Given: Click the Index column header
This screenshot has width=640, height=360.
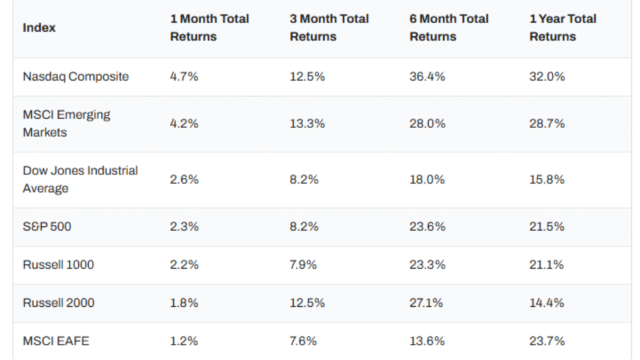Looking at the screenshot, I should (39, 27).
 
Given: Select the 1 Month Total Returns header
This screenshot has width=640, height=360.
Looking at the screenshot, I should (209, 27).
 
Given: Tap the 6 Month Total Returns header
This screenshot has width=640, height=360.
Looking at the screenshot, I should (449, 27).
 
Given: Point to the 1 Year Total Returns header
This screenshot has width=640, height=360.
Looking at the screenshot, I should (562, 27).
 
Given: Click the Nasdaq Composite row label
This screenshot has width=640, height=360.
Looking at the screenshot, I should (76, 76).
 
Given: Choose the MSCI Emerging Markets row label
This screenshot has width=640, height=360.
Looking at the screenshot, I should (66, 123).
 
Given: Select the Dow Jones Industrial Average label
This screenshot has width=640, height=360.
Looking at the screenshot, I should (80, 179).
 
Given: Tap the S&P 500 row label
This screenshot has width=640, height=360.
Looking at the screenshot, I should (47, 226).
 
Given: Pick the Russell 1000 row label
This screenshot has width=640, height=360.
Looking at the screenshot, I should (58, 264).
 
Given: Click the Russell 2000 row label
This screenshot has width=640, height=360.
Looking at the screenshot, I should (58, 302).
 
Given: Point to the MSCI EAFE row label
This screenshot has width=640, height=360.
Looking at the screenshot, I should (56, 341).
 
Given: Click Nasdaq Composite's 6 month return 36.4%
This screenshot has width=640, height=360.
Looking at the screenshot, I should (427, 76).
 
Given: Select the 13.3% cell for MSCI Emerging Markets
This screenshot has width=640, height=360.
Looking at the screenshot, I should (307, 123).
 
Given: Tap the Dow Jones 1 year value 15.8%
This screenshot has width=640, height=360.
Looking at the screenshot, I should (547, 179).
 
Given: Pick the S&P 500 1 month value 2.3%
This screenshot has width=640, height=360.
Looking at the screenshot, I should (184, 226).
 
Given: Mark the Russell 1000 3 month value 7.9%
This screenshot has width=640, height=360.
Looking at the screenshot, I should (303, 264).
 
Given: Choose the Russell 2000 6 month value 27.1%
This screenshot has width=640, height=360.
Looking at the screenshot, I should (426, 302).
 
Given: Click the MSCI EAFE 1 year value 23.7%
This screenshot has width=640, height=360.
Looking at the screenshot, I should (547, 341).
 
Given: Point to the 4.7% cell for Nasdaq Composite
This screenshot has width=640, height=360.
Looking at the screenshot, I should (184, 76).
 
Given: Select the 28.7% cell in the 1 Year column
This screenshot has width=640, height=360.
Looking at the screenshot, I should (547, 123).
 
